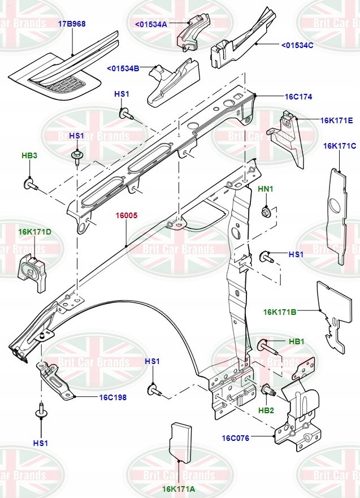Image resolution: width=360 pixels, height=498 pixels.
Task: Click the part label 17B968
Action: [x=71, y=24]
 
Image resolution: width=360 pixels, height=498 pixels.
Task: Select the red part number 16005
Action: [x=127, y=215]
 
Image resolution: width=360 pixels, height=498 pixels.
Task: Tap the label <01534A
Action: [x=151, y=24]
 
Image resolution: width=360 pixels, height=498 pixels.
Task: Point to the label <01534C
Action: [x=297, y=44]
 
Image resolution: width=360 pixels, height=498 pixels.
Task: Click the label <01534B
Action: [x=123, y=69]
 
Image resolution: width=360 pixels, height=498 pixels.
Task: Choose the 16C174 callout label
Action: [x=298, y=97]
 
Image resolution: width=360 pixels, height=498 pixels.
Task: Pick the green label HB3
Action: [x=29, y=155]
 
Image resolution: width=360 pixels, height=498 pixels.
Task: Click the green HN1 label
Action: [x=266, y=188]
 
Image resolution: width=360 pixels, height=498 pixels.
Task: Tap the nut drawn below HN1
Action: [x=266, y=213]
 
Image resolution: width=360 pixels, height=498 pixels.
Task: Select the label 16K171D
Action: [x=34, y=232]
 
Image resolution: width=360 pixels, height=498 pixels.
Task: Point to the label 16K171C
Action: [x=340, y=146]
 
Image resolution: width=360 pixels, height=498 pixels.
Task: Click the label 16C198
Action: [x=113, y=397]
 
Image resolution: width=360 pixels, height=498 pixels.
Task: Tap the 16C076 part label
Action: [x=236, y=438]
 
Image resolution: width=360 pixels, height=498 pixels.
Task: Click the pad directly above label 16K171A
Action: [x=180, y=438]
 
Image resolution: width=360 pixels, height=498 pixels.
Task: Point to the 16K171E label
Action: [x=337, y=120]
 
